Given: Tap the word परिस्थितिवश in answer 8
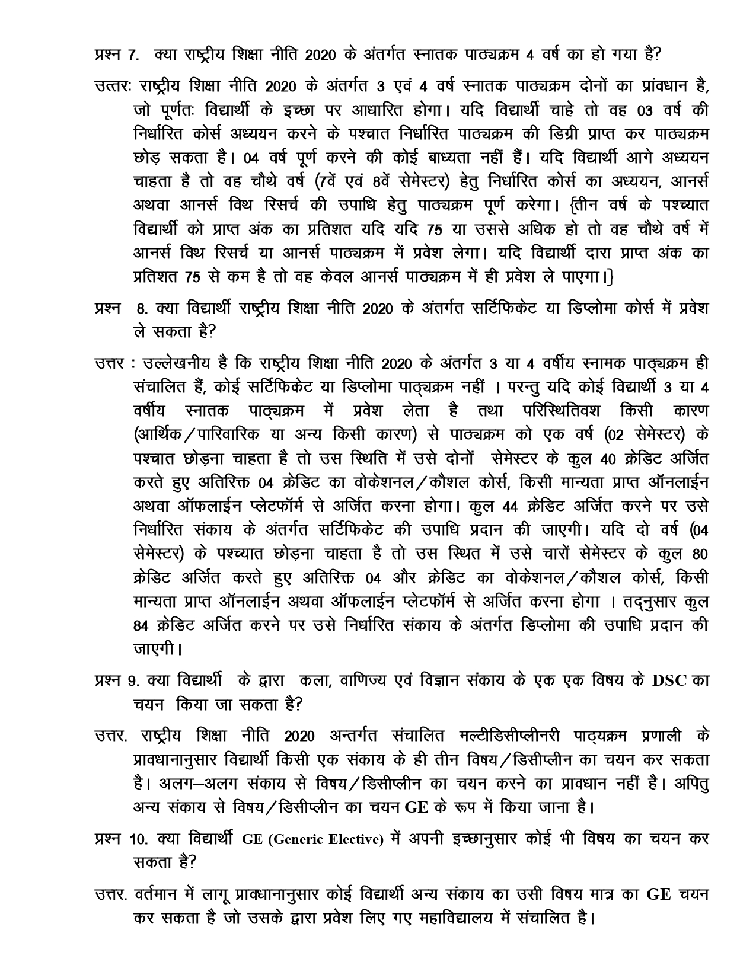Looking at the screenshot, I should (x=567, y=411).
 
